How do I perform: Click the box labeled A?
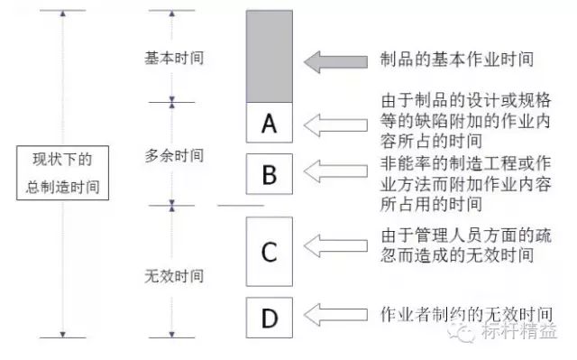point(269,124)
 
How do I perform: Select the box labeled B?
point(269,174)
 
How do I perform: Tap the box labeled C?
point(269,250)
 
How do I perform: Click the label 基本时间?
point(174,58)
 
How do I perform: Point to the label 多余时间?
point(174,154)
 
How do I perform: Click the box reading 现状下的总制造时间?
point(60,175)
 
